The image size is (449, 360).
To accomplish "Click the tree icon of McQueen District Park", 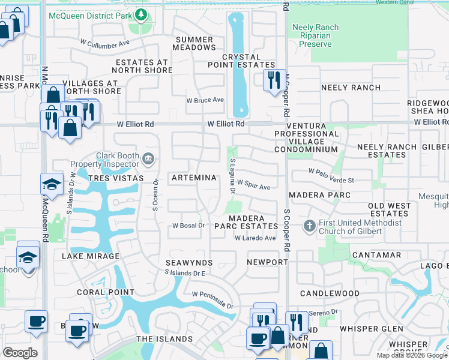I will (140, 13).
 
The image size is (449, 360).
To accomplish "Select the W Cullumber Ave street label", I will (105, 43).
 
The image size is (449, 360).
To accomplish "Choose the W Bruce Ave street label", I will (205, 100).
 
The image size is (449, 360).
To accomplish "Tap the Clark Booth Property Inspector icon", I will (149, 159).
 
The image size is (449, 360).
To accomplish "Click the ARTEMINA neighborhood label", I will (193, 178).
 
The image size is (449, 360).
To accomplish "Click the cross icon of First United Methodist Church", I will (309, 226).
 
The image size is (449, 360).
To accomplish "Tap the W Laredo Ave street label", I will (255, 238).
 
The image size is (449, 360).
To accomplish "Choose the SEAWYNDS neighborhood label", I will (189, 263).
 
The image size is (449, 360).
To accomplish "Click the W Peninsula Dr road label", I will (212, 300).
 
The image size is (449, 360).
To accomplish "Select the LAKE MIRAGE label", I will (91, 256).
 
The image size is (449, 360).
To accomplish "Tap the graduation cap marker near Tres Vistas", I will (52, 184).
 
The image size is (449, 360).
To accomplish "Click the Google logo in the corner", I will (20, 353).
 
